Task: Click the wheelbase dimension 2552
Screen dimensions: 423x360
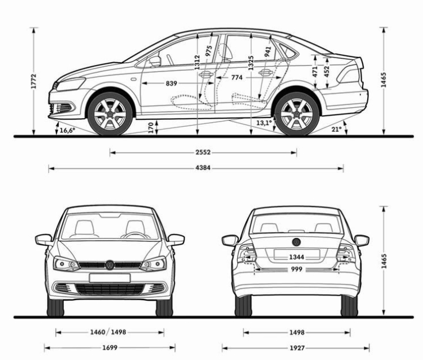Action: [x=203, y=152]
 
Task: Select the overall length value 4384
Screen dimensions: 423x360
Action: [x=203, y=168]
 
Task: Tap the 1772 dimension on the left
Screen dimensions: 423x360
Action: [x=33, y=81]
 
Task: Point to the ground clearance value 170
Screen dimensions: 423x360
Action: [x=151, y=128]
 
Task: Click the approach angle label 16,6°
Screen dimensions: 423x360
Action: [x=67, y=130]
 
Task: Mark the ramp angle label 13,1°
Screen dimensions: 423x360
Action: [x=264, y=123]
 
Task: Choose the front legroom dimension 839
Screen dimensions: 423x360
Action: [x=172, y=84]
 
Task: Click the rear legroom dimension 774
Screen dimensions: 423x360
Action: [x=237, y=78]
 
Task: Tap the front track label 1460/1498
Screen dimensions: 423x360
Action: [x=108, y=332]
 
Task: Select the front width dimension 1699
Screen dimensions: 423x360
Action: [x=110, y=347]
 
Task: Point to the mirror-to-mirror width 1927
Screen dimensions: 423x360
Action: [x=297, y=348]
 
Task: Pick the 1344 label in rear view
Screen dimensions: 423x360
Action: [x=296, y=257]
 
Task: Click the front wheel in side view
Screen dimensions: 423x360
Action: [x=110, y=113]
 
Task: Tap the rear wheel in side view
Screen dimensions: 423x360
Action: [x=297, y=113]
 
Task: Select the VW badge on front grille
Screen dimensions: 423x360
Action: [x=110, y=265]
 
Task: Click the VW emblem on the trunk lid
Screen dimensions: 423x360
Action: [x=296, y=242]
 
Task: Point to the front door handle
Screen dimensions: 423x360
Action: [x=206, y=74]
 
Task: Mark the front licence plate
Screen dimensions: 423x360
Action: [x=110, y=278]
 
